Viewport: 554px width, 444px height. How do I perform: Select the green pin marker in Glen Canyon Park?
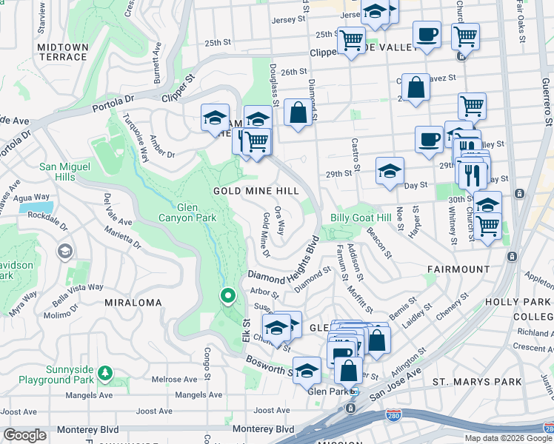[228, 297]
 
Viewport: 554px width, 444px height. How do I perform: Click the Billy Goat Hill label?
[361, 218]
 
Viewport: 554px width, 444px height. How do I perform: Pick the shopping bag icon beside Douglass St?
[298, 113]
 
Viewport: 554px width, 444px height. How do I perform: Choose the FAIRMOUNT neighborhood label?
[458, 269]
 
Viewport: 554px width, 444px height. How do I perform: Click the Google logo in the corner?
[24, 435]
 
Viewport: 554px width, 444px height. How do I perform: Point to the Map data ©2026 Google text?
[507, 438]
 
